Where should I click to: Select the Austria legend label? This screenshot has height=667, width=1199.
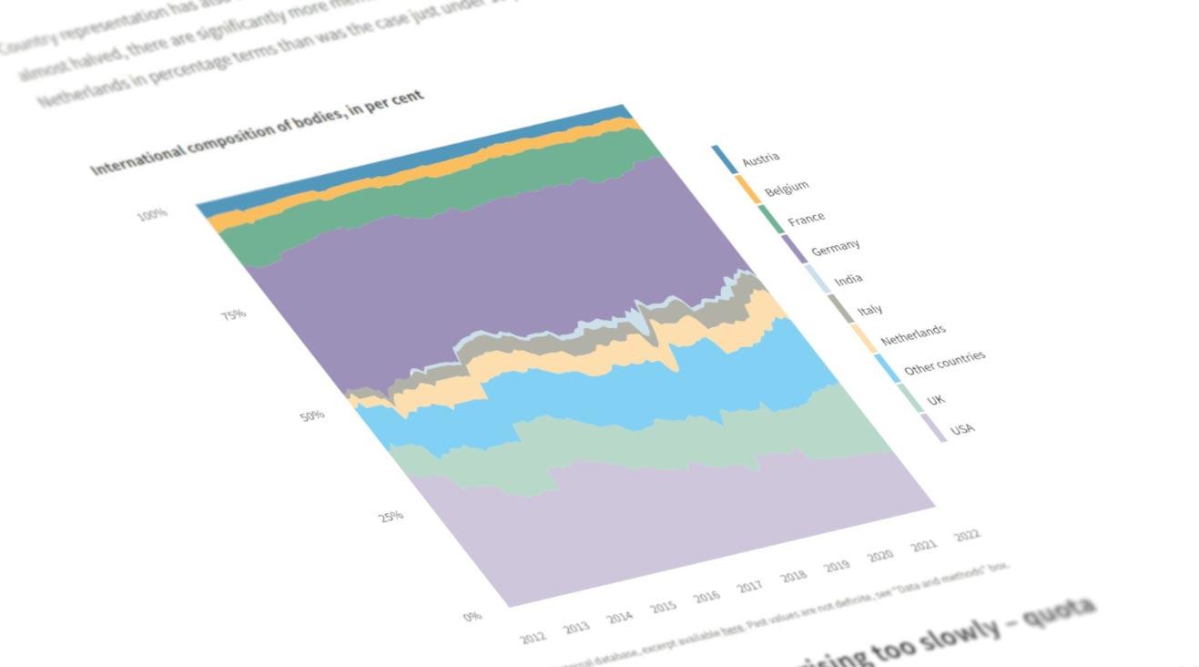[x=761, y=159]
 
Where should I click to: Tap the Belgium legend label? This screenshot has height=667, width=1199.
[x=787, y=188]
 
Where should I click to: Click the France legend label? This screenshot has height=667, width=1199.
[x=807, y=219]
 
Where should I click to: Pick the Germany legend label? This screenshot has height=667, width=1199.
[x=835, y=247]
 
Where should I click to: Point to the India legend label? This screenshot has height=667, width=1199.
[x=848, y=279]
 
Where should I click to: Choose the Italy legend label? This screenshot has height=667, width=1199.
[x=869, y=311]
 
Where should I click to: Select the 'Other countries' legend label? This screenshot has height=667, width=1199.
[x=944, y=363]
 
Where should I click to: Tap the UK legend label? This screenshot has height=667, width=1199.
[x=936, y=400]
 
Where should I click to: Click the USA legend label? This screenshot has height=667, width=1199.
[x=961, y=429]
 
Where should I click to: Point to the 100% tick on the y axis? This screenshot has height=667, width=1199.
[x=153, y=215]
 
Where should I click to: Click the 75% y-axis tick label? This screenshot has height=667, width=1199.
[x=233, y=315]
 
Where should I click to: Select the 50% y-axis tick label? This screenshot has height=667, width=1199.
[x=312, y=416]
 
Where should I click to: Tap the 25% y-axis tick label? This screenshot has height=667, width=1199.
[x=391, y=516]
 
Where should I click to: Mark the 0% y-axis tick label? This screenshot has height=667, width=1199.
[x=472, y=616]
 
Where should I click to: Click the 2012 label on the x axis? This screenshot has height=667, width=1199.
[x=533, y=637]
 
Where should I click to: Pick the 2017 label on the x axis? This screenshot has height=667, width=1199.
[x=749, y=587]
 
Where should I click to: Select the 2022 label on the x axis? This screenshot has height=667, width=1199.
[x=967, y=536]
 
